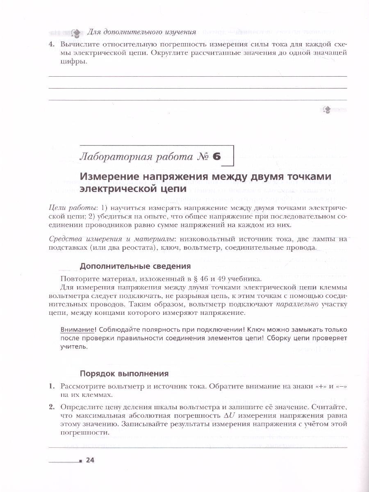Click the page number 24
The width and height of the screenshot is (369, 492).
tap(90, 460)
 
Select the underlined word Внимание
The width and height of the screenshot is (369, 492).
tap(75, 330)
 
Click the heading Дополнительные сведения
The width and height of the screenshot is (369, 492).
tap(135, 266)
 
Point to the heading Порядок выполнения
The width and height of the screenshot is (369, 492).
tap(124, 374)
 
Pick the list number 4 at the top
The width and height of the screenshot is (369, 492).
tap(51, 43)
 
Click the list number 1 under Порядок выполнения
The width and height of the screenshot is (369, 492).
tap(51, 386)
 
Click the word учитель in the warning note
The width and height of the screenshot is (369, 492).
tap(73, 346)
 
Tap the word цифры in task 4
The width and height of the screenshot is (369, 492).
tap(72, 61)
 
